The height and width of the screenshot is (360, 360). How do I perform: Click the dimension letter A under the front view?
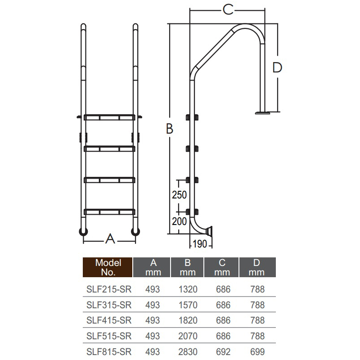click(110, 239)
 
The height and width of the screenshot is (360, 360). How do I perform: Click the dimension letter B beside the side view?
click(169, 129)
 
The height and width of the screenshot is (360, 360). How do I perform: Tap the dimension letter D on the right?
click(277, 67)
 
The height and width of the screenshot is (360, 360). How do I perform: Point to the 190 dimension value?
click(199, 244)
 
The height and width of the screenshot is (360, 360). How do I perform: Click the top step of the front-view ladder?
click(109, 117)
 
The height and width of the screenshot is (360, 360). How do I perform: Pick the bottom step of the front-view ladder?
click(109, 211)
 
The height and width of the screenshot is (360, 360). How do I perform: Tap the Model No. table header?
click(108, 267)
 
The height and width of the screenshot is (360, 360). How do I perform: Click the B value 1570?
click(188, 305)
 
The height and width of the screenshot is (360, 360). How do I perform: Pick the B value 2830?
click(188, 352)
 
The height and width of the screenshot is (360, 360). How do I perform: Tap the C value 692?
click(222, 352)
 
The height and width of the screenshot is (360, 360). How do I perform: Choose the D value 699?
click(257, 352)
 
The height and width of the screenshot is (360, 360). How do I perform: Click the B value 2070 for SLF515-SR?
click(188, 336)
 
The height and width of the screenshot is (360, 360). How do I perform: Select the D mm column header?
click(257, 267)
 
